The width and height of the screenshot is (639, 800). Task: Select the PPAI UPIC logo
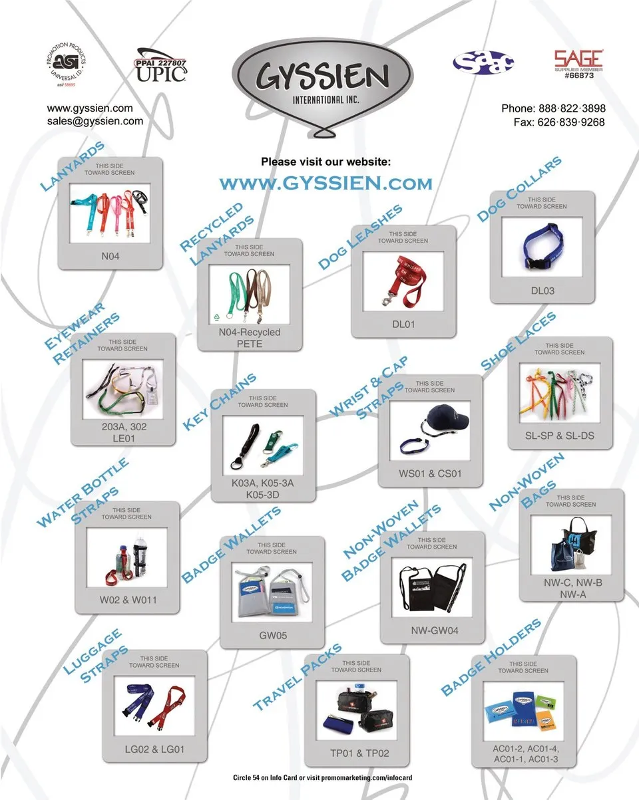(x=162, y=65)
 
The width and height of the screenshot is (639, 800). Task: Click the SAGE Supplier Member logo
(x=578, y=64)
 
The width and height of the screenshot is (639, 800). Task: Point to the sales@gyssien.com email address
(x=95, y=121)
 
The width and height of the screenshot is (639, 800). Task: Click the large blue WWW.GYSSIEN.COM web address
(x=325, y=183)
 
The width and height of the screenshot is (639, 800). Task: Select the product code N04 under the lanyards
(x=110, y=255)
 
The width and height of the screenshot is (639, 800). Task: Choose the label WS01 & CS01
(x=430, y=473)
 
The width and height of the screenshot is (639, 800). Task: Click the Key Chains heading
(x=218, y=401)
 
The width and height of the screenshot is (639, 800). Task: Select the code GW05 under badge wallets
(x=273, y=635)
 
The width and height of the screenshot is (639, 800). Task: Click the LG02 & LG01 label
(x=154, y=749)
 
